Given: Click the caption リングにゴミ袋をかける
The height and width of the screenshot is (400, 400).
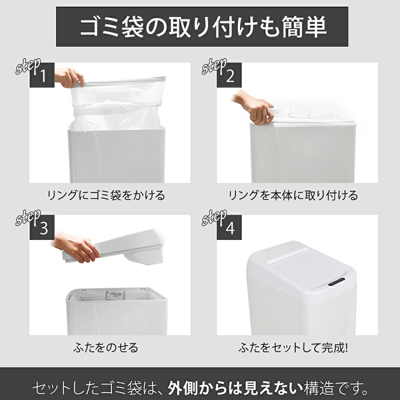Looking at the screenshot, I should click(109, 195).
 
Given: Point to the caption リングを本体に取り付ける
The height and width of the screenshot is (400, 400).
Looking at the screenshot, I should click(293, 195).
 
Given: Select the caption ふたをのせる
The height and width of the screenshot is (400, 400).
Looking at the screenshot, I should click(109, 346).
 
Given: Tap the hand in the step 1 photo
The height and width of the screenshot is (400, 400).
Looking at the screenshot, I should click(68, 77).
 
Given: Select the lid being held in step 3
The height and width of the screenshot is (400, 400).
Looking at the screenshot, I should click(125, 247).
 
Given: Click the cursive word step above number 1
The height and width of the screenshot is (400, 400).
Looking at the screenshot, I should click(27, 67).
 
